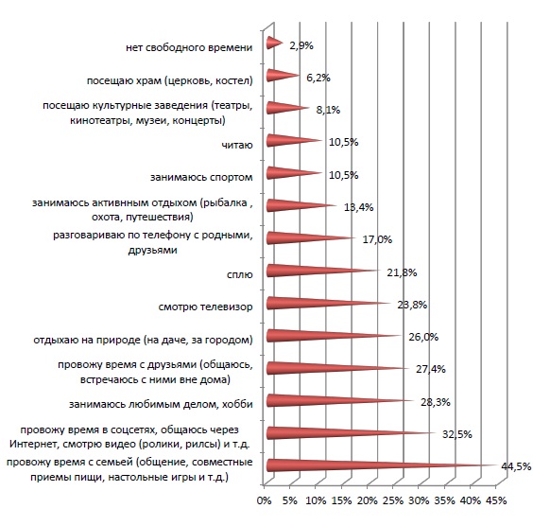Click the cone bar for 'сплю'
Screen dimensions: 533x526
click(323, 271)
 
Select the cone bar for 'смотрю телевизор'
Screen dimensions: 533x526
click(328, 303)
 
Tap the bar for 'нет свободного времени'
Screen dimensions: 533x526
click(275, 43)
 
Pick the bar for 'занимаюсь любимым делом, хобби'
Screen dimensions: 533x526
click(340, 401)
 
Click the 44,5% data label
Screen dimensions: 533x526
click(516, 466)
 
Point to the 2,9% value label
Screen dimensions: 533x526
click(301, 45)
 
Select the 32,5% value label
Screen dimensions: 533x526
click(456, 434)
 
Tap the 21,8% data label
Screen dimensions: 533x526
click(402, 272)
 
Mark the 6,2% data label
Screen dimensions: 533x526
click(318, 78)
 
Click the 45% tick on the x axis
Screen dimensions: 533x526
click(497, 500)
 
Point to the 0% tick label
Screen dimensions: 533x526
click(264, 500)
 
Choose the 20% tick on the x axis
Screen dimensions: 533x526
click(368, 500)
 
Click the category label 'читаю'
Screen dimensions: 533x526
click(237, 146)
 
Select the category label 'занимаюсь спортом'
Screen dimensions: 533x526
click(201, 177)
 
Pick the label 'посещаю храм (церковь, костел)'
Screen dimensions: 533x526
click(170, 80)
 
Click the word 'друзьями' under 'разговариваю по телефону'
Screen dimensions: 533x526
click(153, 250)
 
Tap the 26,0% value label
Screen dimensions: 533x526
click(423, 337)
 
